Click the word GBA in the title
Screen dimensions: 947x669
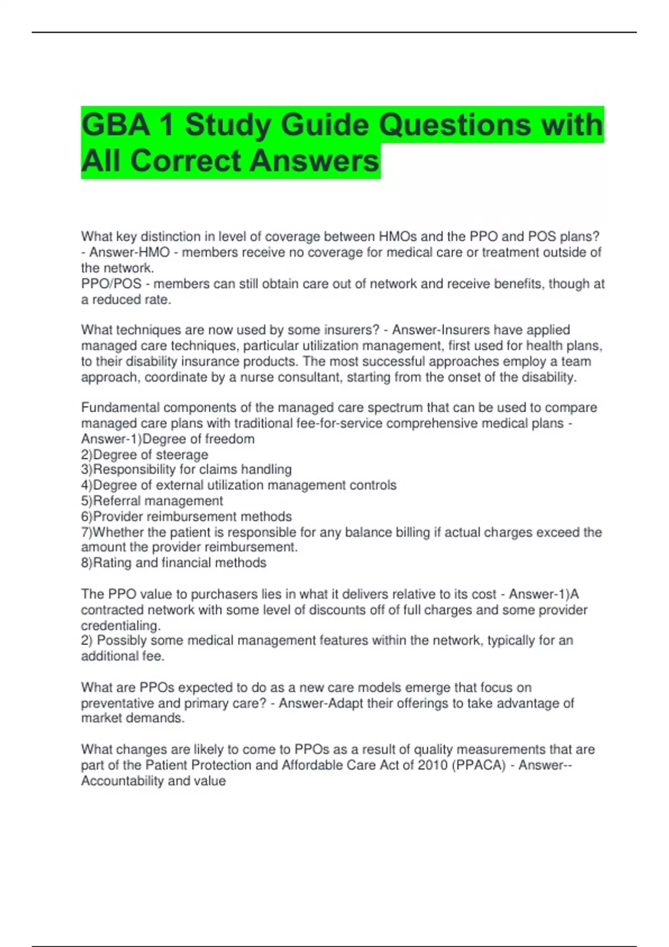[115, 125]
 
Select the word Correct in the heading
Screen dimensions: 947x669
[187, 161]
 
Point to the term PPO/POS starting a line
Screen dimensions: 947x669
[111, 284]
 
